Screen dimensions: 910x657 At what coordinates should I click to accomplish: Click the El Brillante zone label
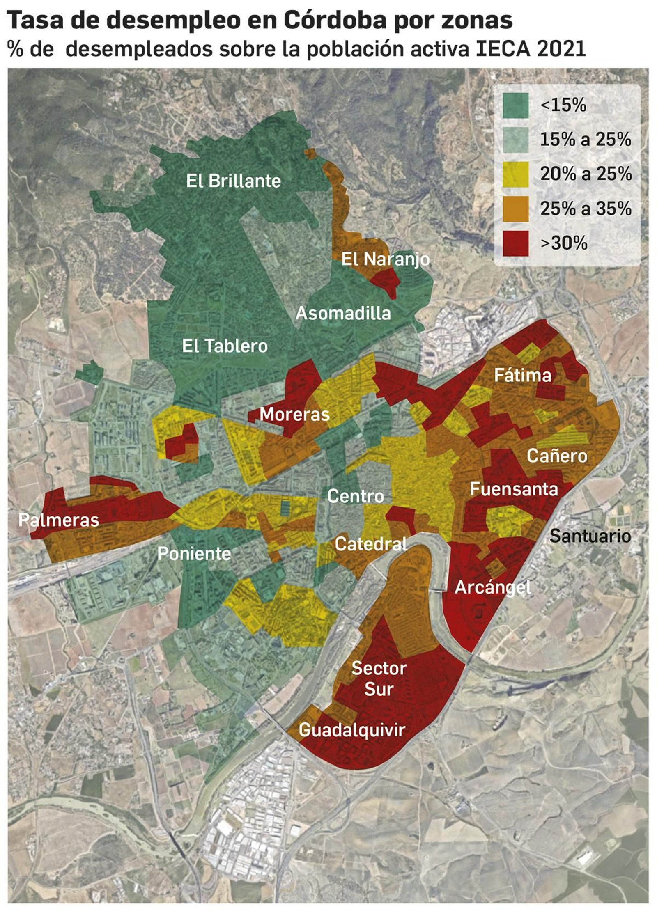point(233,181)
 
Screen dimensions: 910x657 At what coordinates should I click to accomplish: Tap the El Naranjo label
point(385,259)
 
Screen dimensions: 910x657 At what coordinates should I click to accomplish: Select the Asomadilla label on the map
point(343,313)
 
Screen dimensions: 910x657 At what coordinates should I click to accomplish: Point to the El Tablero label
point(225,346)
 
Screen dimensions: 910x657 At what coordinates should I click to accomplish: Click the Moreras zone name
point(294,414)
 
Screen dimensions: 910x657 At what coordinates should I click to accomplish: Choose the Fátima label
point(522,375)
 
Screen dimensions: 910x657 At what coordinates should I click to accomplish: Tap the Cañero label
point(557,456)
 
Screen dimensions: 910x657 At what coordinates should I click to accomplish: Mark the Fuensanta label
point(514,489)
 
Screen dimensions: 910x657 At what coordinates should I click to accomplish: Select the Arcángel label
point(492,587)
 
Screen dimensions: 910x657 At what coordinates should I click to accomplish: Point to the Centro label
point(356,496)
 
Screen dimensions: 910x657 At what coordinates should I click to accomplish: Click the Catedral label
point(371,544)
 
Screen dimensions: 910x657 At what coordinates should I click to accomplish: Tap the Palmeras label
point(59,520)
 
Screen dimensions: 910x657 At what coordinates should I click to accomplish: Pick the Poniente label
point(194,554)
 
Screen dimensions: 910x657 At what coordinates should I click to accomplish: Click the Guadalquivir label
point(352,729)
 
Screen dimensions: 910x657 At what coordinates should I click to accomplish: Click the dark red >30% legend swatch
point(515,243)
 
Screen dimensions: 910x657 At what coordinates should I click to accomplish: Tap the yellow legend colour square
point(515,174)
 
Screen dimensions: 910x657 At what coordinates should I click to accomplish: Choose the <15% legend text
point(563,105)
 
